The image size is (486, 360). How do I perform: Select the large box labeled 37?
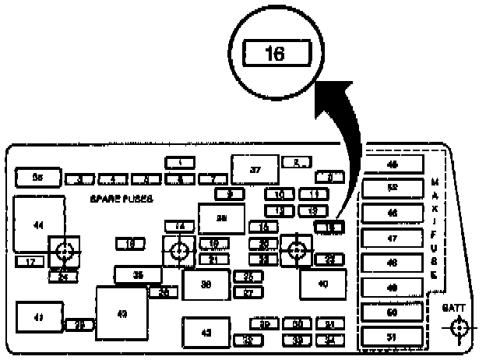tap(255, 170)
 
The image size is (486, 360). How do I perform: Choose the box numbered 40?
tap(322, 284)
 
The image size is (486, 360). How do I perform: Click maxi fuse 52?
tap(392, 188)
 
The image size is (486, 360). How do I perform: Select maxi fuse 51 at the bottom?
tap(392, 337)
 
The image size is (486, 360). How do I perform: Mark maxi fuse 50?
tap(392, 312)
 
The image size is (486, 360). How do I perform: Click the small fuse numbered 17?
tap(30, 262)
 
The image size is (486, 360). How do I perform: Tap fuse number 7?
tap(213, 179)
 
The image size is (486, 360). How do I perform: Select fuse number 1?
tap(180, 162)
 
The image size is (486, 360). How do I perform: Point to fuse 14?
tap(180, 226)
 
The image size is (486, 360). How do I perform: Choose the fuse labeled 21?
tap(213, 259)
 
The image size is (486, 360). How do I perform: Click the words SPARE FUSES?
tap(121, 199)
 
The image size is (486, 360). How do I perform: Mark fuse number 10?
tap(278, 193)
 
